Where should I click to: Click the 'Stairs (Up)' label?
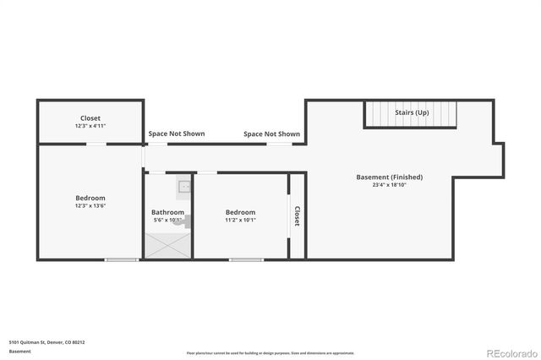[410, 112]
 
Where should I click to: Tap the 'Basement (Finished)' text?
[389, 177]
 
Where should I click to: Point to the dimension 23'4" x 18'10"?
[389, 185]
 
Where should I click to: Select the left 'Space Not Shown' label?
[176, 134]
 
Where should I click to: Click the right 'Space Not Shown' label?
[271, 134]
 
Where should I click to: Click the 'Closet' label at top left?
[90, 118]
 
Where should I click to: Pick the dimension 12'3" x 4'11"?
[90, 126]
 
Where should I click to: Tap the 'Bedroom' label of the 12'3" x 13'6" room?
[90, 197]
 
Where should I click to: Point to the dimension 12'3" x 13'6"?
[90, 205]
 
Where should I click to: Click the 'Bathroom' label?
[167, 212]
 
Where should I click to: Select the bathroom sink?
[184, 187]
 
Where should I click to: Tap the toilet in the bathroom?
[187, 221]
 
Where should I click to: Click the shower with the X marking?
[168, 246]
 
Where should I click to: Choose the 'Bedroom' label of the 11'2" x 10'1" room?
[240, 212]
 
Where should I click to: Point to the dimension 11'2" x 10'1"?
[240, 220]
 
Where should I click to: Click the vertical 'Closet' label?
[297, 217]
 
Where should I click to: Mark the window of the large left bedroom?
[122, 259]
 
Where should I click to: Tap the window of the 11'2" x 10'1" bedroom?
[245, 259]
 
